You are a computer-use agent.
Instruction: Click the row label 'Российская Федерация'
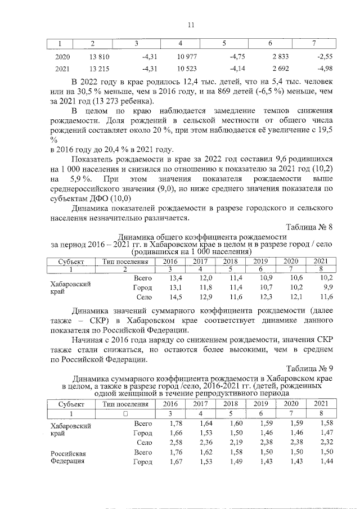point(67,457)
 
